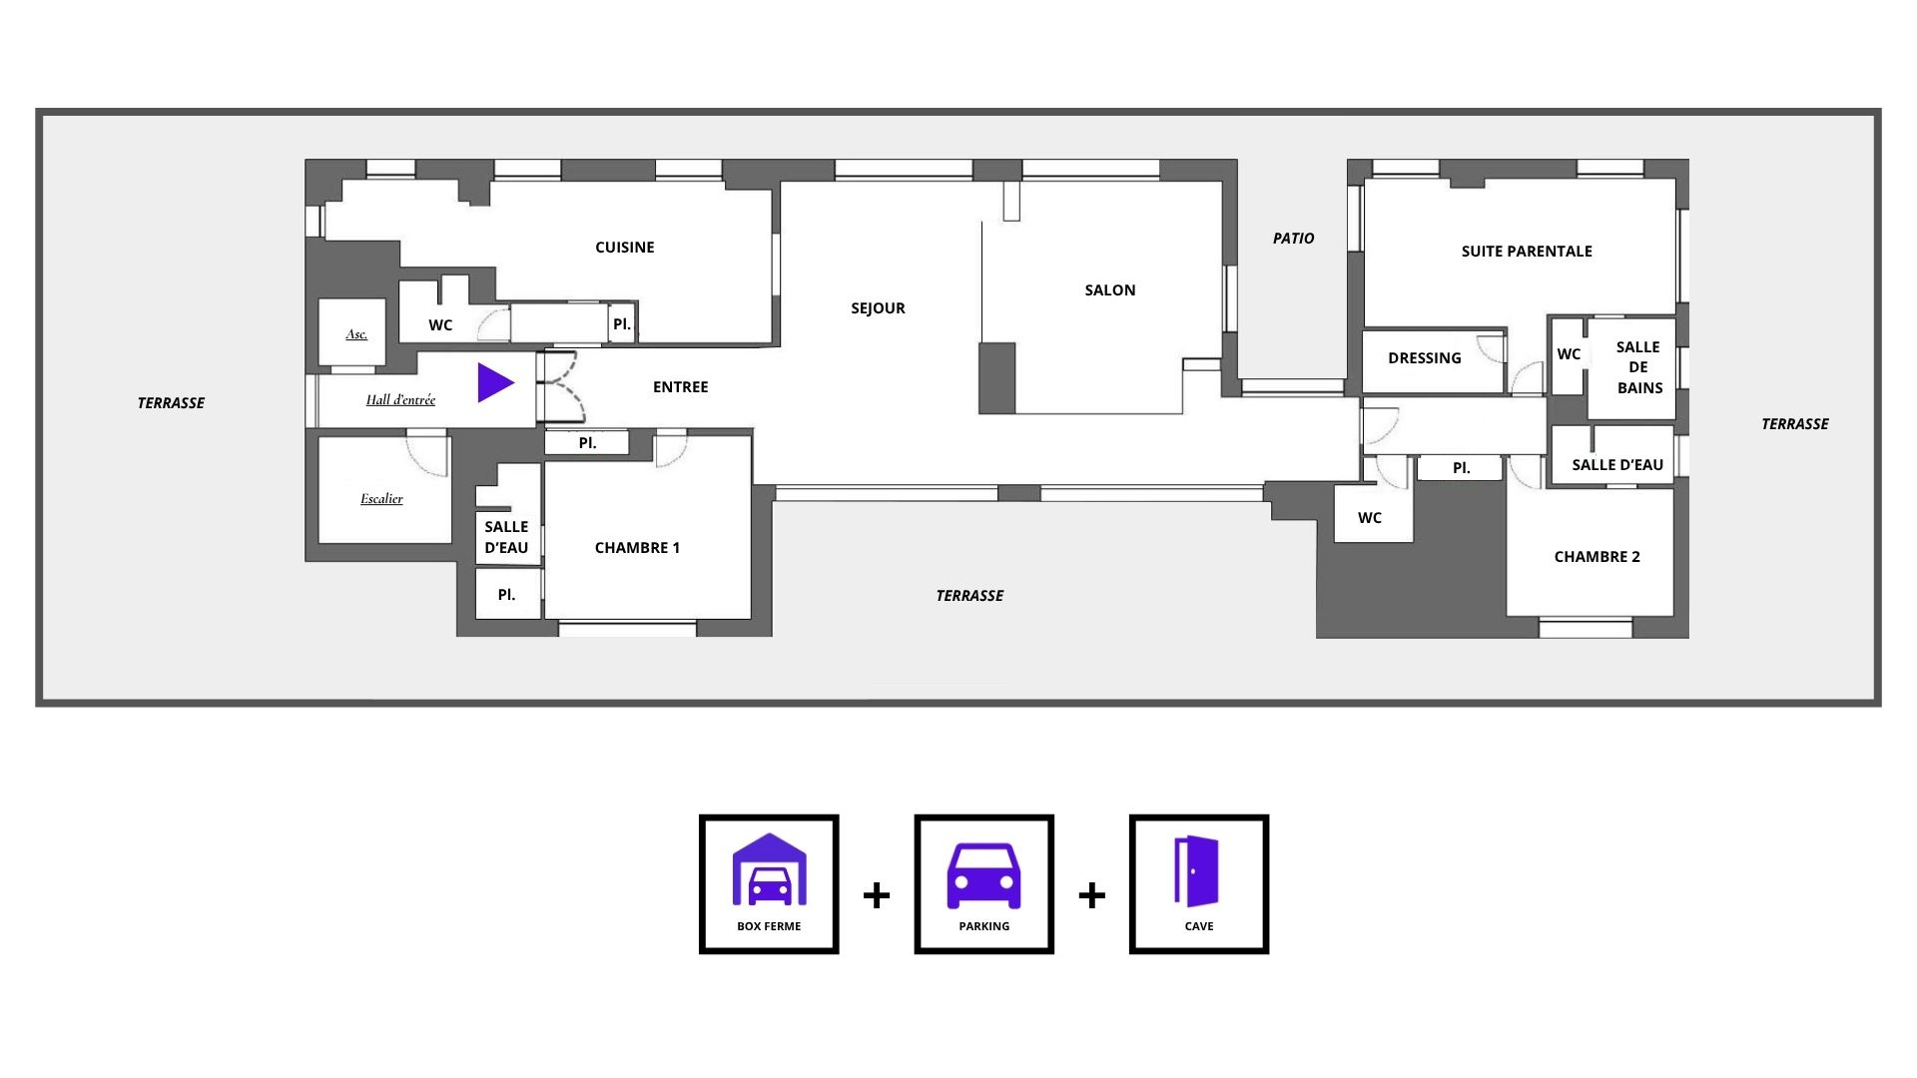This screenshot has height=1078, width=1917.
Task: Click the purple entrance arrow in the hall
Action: tap(493, 382)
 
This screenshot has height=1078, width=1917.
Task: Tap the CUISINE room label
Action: tap(625, 248)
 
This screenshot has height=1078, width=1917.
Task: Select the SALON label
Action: tap(1110, 290)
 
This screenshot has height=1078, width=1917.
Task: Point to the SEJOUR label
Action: tap(878, 308)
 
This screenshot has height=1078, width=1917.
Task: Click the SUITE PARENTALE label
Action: tap(1527, 252)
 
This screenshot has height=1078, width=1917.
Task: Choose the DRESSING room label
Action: tap(1425, 358)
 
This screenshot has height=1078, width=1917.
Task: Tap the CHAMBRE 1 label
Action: tap(637, 548)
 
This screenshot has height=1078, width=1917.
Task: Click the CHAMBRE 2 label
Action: tap(1597, 557)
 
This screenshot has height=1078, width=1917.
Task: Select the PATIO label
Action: tap(1293, 239)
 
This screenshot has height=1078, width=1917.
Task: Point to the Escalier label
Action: tap(381, 499)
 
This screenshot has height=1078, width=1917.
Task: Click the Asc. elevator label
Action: tap(356, 334)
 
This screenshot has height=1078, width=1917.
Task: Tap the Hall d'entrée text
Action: tap(400, 400)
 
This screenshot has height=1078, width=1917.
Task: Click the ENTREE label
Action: tap(680, 387)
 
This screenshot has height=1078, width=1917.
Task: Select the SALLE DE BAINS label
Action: tap(1638, 367)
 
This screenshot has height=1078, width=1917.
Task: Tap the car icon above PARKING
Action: tap(983, 875)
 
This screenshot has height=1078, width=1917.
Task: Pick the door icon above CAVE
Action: tap(1197, 870)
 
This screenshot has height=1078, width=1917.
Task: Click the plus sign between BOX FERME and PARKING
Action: tap(877, 894)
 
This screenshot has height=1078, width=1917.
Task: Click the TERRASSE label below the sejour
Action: tap(969, 596)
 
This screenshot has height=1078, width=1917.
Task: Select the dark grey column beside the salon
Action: tap(996, 378)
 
